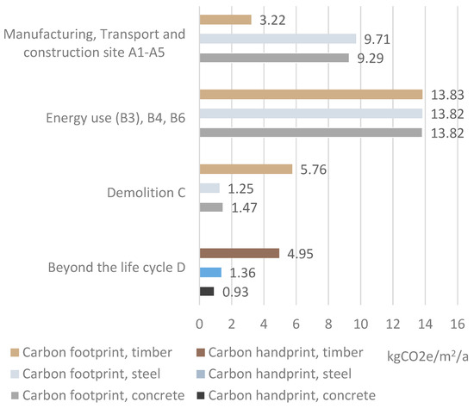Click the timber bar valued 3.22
pyautogui.click(x=225, y=19)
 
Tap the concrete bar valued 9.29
pyautogui.click(x=274, y=58)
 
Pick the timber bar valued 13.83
pyautogui.click(x=310, y=95)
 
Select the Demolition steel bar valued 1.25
pyautogui.click(x=209, y=189)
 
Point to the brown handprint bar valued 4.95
pyautogui.click(x=239, y=253)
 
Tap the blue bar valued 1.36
pyautogui.click(x=210, y=272)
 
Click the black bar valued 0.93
pyautogui.click(x=207, y=292)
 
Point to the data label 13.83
pyautogui.click(x=446, y=95)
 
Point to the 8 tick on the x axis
pyautogui.click(x=327, y=324)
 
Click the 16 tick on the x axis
pyautogui.click(x=456, y=324)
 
